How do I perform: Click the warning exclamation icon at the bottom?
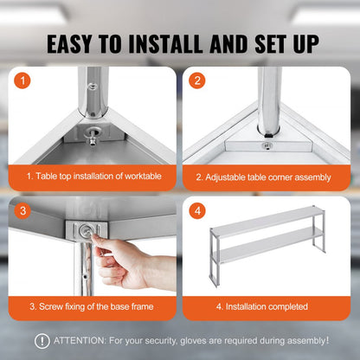[x=42, y=341]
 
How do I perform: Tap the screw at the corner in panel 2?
[x=267, y=145]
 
